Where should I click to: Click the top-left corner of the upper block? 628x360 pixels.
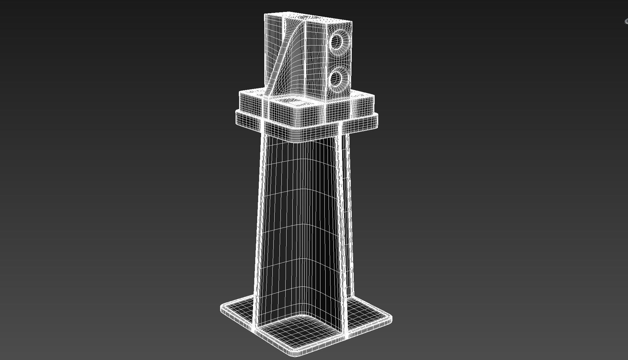click(x=265, y=15)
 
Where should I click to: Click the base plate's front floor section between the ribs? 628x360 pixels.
click(x=300, y=332)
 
